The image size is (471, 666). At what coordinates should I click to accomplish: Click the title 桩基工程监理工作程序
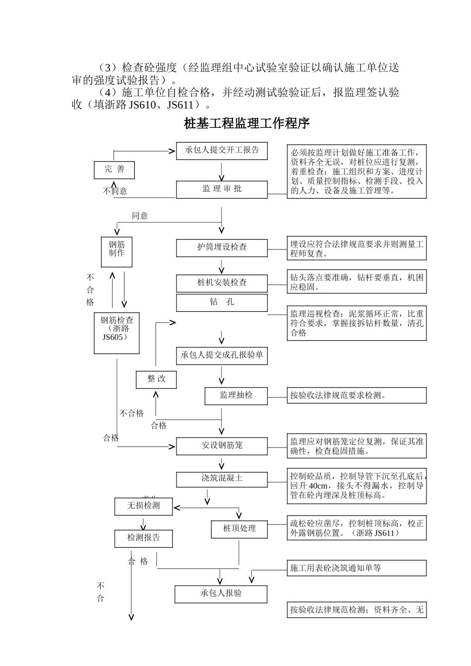pos(246,123)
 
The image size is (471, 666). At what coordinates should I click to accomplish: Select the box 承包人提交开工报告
pos(222,151)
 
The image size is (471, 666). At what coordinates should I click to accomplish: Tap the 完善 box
pos(115,169)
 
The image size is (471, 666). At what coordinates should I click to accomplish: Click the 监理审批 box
pos(222,189)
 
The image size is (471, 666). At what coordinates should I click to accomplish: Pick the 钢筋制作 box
pos(117,252)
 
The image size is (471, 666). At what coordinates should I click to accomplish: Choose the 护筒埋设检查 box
pos(222,248)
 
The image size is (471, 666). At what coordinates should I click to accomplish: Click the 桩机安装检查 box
pos(222,283)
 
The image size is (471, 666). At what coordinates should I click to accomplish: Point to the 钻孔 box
pos(222,302)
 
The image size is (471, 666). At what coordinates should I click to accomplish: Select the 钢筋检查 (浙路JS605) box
pos(117,333)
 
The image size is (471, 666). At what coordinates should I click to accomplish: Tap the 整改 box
pos(156,380)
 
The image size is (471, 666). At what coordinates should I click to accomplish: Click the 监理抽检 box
pos(236,395)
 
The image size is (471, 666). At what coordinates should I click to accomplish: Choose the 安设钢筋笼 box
pos(222,446)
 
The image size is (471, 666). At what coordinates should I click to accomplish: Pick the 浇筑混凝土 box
pos(222,479)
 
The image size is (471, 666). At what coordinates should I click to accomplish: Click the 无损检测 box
pos(144,506)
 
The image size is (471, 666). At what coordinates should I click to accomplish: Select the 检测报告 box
pos(144,538)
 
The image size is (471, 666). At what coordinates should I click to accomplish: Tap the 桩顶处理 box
pos(239,529)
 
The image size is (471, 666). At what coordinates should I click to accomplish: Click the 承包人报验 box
pos(221,594)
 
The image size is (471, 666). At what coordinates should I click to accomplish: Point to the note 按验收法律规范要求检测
pos(356,395)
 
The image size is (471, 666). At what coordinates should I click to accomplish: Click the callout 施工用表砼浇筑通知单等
pos(356,568)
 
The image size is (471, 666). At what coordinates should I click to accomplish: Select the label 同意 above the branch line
pos(140,216)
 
